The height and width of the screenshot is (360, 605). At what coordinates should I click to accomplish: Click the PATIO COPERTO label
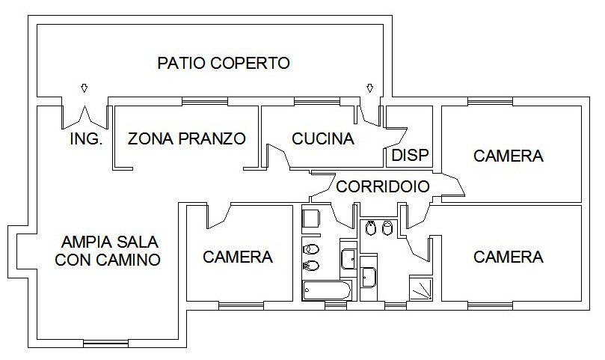pos(224,63)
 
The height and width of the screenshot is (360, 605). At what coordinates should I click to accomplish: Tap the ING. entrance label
pos(86,138)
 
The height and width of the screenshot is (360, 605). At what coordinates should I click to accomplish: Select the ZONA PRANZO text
pos(186,138)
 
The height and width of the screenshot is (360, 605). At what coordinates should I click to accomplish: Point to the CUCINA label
pos(323,138)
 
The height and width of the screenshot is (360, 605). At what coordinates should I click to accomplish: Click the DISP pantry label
pos(410,155)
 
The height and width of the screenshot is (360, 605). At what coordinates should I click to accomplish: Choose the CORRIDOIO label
pos(383,186)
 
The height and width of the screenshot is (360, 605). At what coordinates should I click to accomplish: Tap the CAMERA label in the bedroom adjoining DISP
pos(508,156)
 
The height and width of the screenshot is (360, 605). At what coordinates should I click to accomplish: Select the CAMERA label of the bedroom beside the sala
pos(238,257)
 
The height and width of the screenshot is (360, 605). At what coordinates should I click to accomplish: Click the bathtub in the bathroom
pos(326,290)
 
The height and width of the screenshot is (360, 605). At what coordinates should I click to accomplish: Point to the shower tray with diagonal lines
pos(420,288)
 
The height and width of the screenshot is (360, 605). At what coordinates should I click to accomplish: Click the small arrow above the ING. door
pos(84,88)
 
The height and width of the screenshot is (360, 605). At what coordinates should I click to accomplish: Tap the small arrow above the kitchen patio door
pos(369,88)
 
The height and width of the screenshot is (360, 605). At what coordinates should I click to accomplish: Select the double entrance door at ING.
pos(85,117)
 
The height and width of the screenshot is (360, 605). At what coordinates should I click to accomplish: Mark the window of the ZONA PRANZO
pos(205,101)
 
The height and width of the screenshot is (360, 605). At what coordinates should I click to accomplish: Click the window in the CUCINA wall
pos(317,101)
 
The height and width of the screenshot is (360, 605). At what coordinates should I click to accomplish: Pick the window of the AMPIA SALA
pos(105,343)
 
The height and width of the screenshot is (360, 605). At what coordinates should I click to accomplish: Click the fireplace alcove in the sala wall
pos(18,251)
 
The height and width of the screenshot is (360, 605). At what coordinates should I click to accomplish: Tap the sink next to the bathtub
pos(348,259)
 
